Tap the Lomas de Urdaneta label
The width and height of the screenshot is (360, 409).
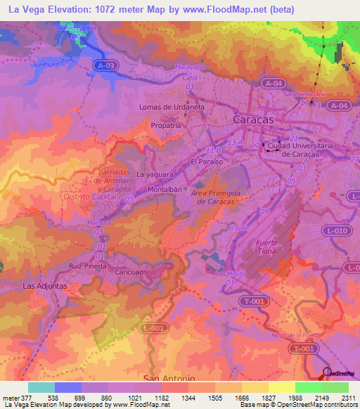[x=172, y=107]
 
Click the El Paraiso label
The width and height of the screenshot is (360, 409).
[x=207, y=162]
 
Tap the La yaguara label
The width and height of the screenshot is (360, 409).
[x=154, y=174]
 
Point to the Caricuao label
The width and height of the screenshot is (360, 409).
[x=130, y=269]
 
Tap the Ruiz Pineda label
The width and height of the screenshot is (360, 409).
[x=88, y=267]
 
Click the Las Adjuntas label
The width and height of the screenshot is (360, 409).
[x=45, y=286]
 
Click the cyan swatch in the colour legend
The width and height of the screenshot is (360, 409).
[x=41, y=387]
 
